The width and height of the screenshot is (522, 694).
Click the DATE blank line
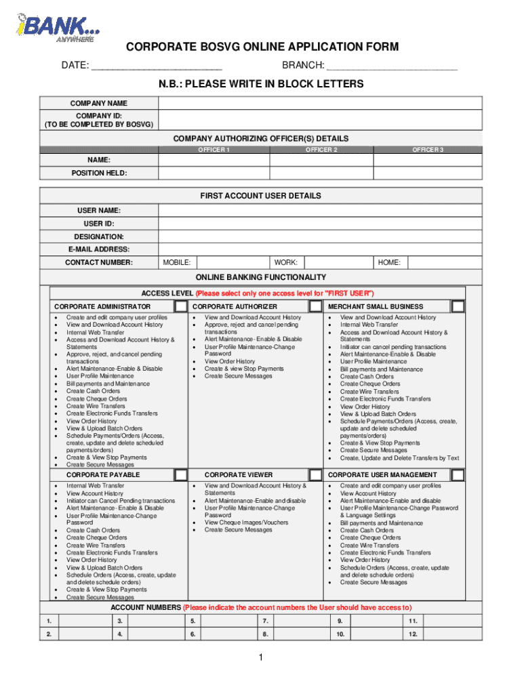click(x=157, y=66)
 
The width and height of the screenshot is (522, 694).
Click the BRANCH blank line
click(x=391, y=66)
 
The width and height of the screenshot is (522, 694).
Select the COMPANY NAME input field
click(x=320, y=104)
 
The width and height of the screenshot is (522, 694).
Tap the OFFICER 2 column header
click(x=321, y=149)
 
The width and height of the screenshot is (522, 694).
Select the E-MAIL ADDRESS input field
click(x=320, y=249)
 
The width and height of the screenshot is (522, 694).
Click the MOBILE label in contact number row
click(x=177, y=262)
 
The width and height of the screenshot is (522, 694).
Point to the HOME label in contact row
click(x=389, y=262)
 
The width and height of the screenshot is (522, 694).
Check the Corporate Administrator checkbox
click(x=180, y=306)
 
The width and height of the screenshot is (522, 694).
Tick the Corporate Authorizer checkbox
click(x=315, y=306)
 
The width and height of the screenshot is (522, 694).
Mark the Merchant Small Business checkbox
click(x=458, y=306)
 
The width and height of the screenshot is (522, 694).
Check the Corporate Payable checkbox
click(x=180, y=475)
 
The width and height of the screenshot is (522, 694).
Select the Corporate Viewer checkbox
click(x=315, y=475)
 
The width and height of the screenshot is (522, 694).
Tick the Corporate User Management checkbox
click(x=458, y=475)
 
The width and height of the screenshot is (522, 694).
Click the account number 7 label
click(x=266, y=621)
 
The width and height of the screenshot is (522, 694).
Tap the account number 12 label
click(x=413, y=634)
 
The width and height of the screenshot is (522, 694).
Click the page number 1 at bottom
click(x=261, y=658)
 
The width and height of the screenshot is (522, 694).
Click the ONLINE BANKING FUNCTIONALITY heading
click(x=261, y=277)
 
